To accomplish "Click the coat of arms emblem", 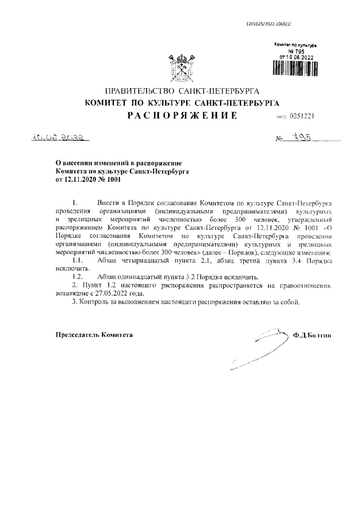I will (x=180, y=67).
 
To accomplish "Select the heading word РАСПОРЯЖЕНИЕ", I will (x=180, y=116).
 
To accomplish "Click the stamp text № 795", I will (x=296, y=50).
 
